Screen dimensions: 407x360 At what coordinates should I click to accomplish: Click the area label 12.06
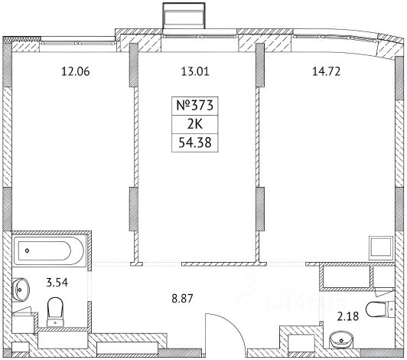pos(76,71)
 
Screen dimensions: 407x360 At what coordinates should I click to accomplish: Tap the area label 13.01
pos(194,71)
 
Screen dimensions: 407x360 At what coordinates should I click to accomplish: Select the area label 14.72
pos(326,71)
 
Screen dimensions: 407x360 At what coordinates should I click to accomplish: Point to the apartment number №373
pos(194,105)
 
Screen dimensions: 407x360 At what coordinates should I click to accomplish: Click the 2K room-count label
pos(194,125)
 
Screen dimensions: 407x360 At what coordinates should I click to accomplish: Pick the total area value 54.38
pos(194,142)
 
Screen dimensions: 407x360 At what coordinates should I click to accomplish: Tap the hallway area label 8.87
pos(182,299)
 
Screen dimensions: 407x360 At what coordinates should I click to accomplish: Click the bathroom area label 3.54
pos(57,283)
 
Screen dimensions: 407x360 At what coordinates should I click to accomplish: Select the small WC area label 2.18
pos(348,316)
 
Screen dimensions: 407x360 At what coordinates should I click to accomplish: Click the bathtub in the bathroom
pos(49,250)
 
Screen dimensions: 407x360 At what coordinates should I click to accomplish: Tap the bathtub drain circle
pos(28,250)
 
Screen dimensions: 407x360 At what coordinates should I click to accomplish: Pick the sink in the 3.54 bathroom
pos(21,290)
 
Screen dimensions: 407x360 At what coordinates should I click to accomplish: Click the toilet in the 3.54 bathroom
pos(55,312)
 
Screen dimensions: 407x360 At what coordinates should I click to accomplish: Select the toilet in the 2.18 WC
pos(379,309)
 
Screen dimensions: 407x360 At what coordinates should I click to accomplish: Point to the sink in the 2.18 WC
pos(341,339)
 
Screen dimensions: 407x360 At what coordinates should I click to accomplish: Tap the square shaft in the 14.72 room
pos(381,247)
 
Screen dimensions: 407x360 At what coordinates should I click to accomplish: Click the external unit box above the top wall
pos(184,15)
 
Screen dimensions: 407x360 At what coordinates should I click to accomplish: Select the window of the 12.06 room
pos(78,42)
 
